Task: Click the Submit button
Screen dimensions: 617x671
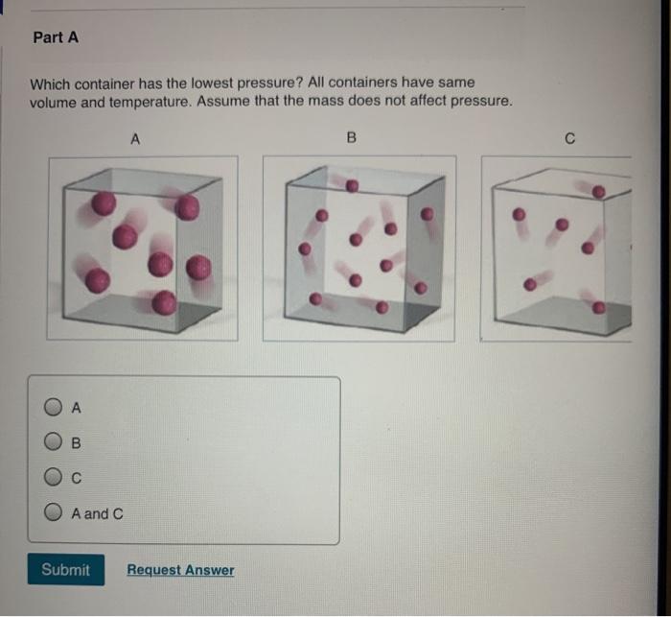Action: coord(65,570)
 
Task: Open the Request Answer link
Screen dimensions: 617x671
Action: coord(180,570)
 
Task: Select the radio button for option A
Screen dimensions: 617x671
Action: coord(54,408)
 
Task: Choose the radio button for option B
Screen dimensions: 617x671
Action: coord(54,443)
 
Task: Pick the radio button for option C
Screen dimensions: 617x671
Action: coord(54,478)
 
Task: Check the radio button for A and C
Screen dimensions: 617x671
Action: coord(54,513)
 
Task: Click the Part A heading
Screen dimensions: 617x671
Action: coord(55,37)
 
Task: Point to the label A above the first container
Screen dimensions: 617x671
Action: coord(135,139)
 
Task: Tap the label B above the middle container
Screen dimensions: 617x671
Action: coord(351,139)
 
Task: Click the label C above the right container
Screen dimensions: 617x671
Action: coord(569,140)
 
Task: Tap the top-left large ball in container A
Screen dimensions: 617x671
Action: coord(104,202)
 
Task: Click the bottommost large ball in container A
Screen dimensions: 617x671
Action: coord(164,303)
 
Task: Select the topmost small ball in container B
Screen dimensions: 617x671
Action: coord(352,184)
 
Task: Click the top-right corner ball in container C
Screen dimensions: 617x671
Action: coord(599,192)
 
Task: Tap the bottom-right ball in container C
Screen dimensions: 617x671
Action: coord(598,308)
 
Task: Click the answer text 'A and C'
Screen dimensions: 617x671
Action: coord(97,513)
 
